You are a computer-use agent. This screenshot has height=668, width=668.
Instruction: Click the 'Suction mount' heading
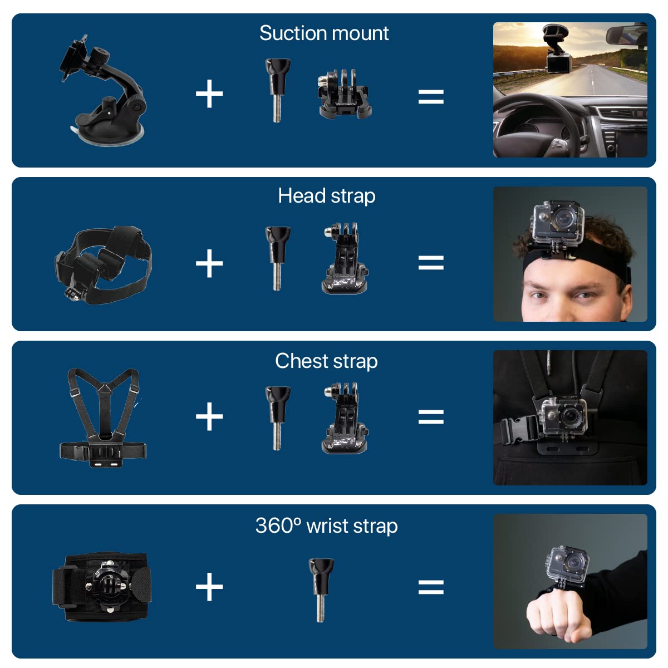tap(324, 33)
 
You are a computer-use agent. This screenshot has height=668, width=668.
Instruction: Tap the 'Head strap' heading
tap(327, 196)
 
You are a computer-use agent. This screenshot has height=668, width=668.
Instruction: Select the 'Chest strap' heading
tap(326, 361)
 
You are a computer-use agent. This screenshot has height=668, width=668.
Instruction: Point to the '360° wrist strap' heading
tap(326, 526)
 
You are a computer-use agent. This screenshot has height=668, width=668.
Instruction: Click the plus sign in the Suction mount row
tap(209, 94)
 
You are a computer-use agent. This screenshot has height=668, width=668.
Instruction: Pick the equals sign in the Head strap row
tap(431, 262)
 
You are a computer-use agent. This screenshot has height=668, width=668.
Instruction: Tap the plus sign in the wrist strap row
tap(209, 586)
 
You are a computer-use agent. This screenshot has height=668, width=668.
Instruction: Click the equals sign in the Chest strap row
tap(431, 416)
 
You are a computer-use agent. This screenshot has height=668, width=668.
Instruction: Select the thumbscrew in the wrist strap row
tap(321, 590)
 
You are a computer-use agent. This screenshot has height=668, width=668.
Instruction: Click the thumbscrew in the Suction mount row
tap(278, 90)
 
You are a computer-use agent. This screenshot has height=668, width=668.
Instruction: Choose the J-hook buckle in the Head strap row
tap(345, 259)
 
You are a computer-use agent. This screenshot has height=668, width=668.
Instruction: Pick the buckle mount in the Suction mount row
tap(344, 94)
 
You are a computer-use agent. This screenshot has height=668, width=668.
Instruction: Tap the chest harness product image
tap(103, 417)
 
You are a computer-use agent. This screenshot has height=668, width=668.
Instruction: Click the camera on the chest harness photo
tap(563, 416)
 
